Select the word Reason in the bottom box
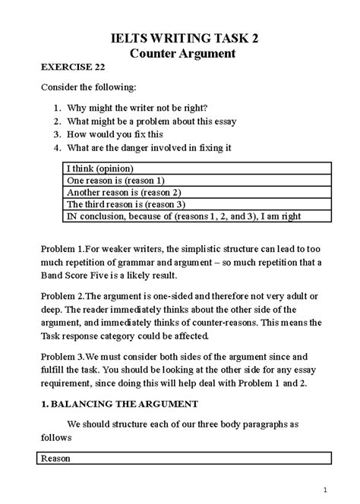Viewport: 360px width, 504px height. [x=55, y=458]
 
